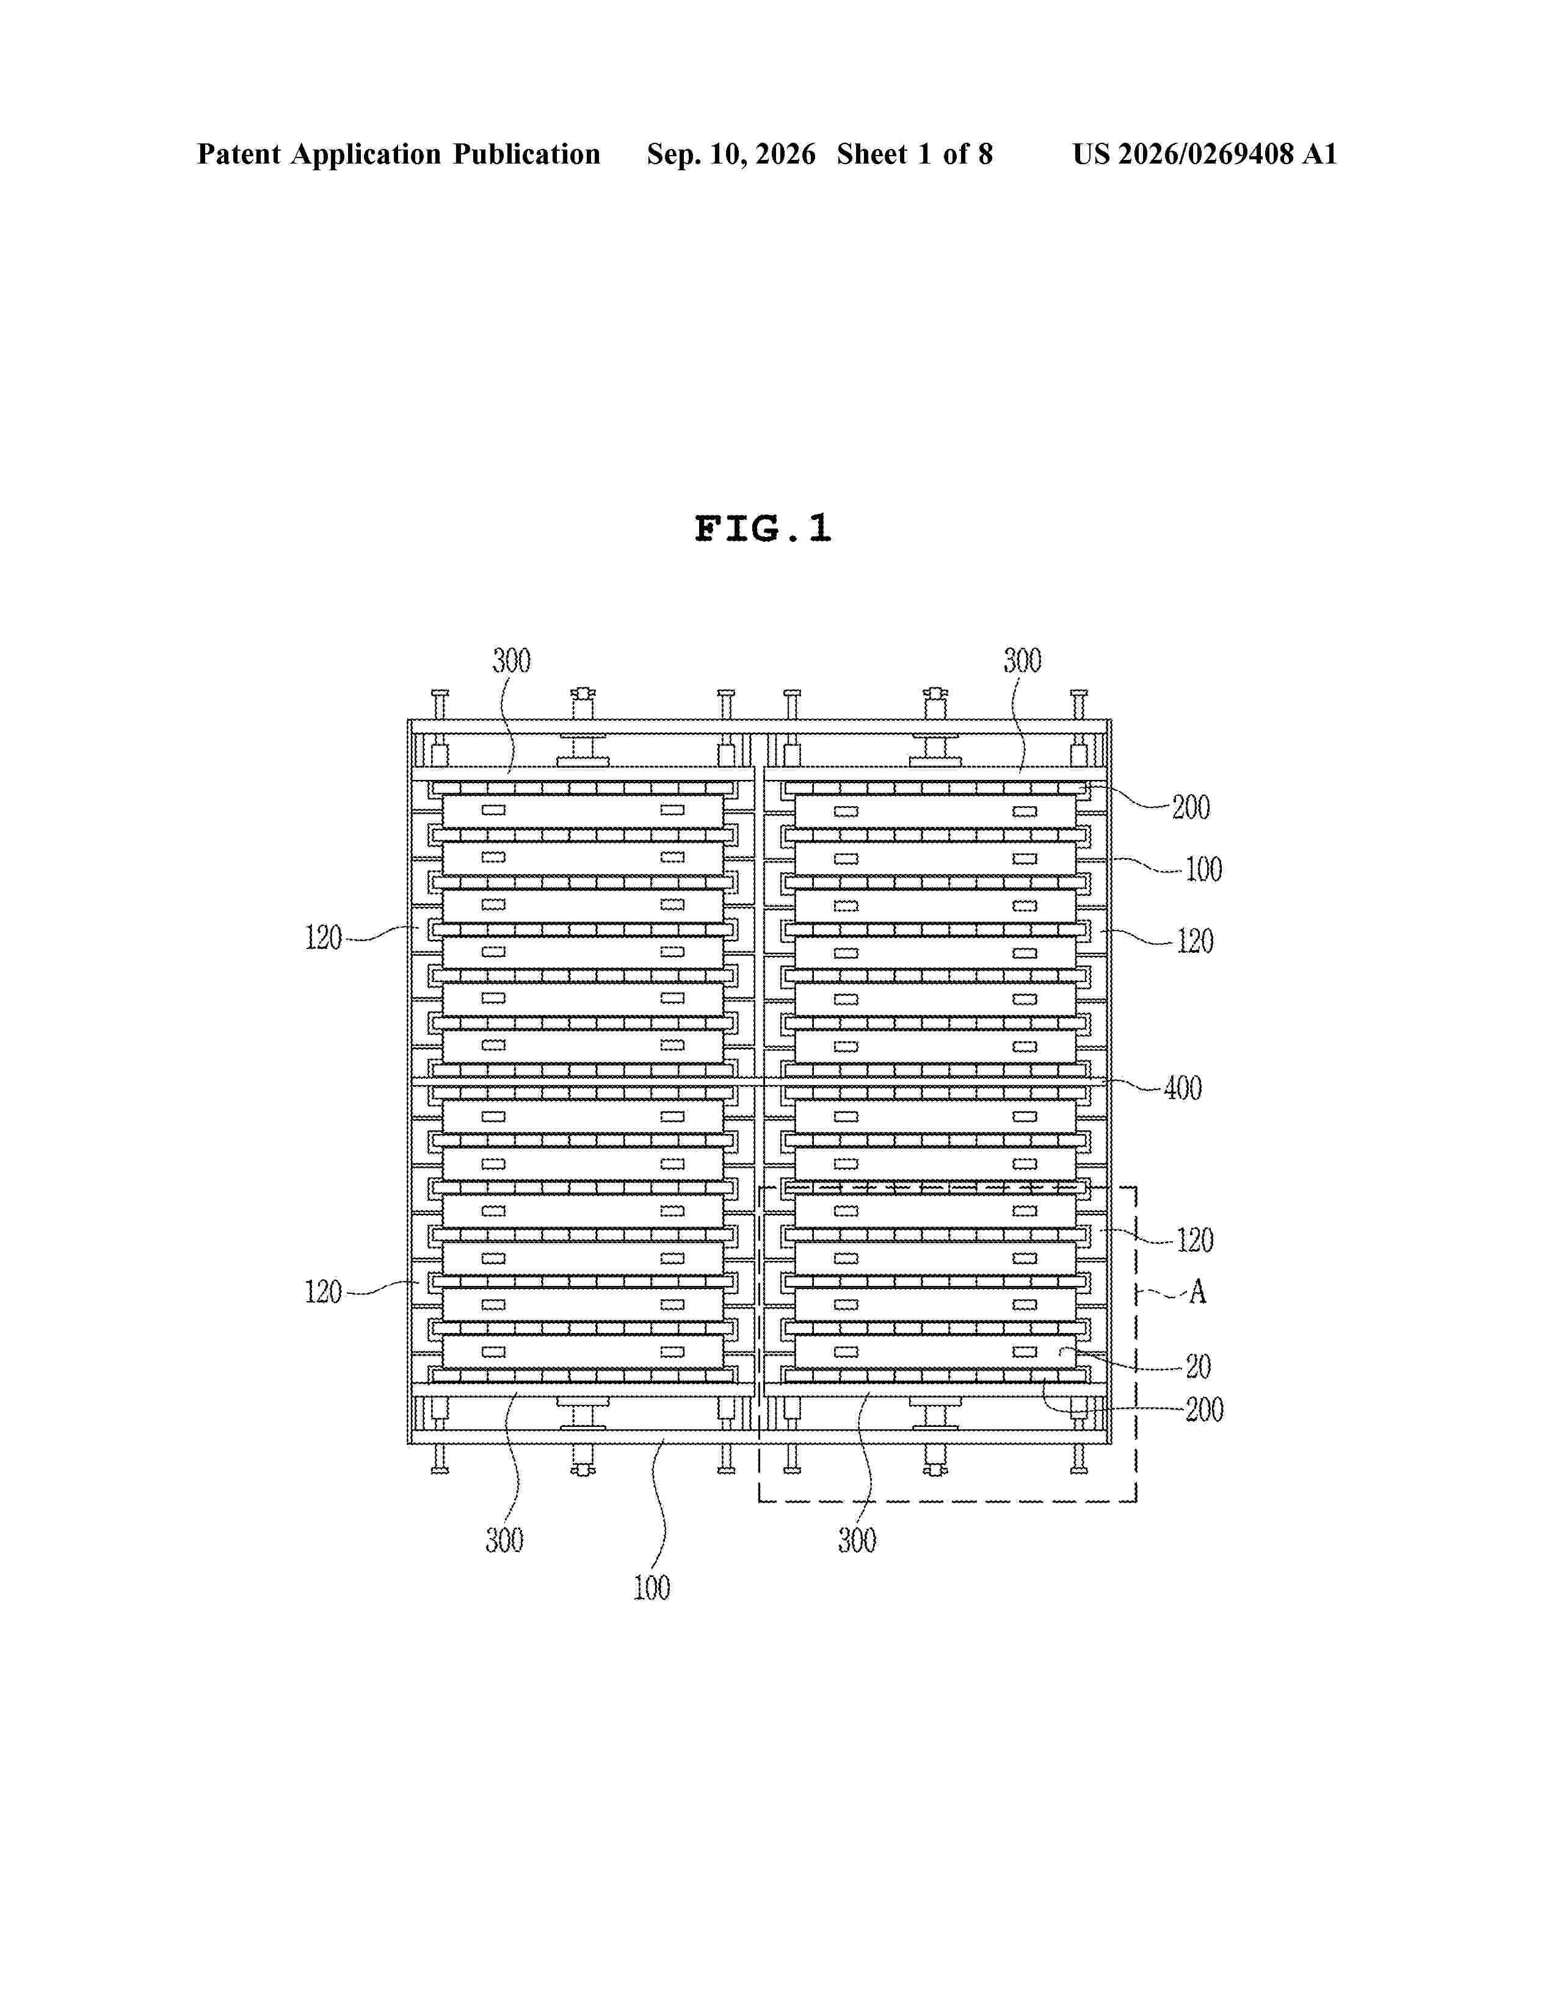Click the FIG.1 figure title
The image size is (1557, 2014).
click(x=763, y=529)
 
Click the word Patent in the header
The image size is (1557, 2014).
click(x=239, y=154)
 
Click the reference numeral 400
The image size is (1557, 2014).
click(x=1183, y=1088)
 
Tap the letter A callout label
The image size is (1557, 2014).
click(x=1197, y=1292)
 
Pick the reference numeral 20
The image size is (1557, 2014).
click(x=1198, y=1366)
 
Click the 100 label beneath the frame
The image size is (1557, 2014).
click(x=651, y=1588)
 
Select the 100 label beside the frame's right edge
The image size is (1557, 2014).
click(x=1203, y=870)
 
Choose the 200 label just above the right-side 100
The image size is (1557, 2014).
click(x=1191, y=808)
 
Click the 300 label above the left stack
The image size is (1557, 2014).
click(x=511, y=661)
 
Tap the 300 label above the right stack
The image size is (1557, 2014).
click(x=1022, y=660)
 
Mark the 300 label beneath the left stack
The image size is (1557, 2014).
click(x=504, y=1540)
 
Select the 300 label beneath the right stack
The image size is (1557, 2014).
click(x=857, y=1540)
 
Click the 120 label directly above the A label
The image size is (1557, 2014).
click(x=1194, y=1240)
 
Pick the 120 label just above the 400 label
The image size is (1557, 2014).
click(x=1194, y=942)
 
